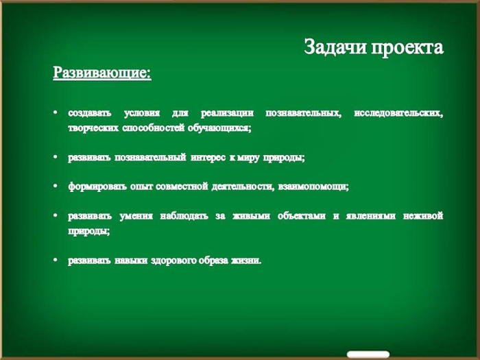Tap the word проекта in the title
407,48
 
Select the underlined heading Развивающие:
102,73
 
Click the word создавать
90,113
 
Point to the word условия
142,113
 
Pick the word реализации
227,114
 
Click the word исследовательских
398,114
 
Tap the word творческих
93,128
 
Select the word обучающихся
219,128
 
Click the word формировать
97,187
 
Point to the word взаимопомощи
313,187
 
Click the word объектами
302,216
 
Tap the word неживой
423,216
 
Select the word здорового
173,261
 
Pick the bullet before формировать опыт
55,186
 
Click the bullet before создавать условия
55,112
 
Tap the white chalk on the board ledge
368,355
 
